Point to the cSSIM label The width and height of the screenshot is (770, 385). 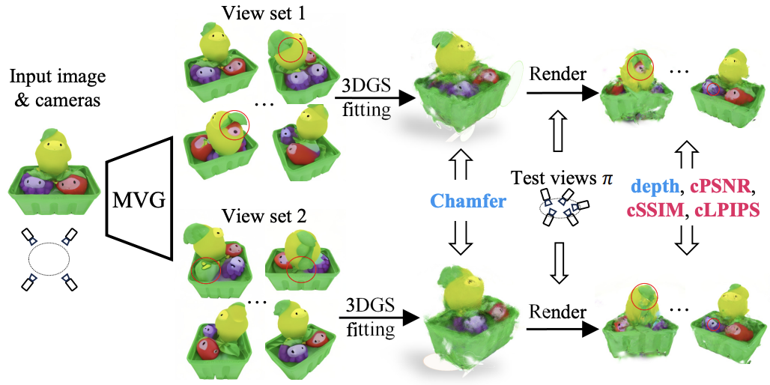(x=657, y=210)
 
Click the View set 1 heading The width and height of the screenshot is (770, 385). (x=264, y=12)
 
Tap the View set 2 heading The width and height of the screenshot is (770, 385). (x=264, y=215)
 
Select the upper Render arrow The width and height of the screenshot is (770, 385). (x=562, y=95)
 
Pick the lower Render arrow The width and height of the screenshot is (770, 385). (x=562, y=330)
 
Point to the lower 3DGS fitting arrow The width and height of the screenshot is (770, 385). (x=378, y=318)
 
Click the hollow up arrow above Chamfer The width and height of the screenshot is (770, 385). (x=465, y=162)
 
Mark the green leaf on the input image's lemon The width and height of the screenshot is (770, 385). (x=50, y=133)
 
